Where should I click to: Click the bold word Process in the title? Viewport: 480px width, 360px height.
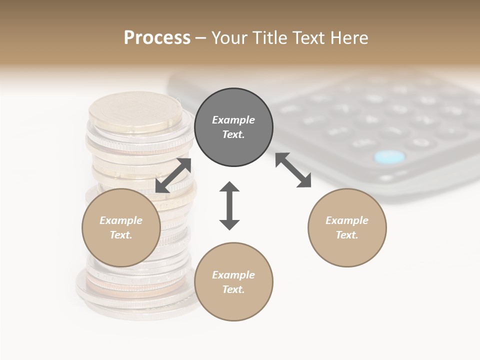point(157,38)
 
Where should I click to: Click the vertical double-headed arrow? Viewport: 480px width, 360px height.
point(229,205)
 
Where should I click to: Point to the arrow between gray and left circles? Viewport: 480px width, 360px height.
point(173,175)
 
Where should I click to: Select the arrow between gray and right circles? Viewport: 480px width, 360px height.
point(293,170)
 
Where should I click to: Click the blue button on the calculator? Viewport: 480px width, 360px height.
point(389,157)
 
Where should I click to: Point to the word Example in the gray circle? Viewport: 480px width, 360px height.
point(233,120)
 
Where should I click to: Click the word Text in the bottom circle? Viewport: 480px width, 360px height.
point(232,289)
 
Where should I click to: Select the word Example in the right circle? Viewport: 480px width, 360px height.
point(347,220)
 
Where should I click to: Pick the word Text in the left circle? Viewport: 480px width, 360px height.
point(120,235)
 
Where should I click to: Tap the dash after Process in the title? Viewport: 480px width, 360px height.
point(200,38)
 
